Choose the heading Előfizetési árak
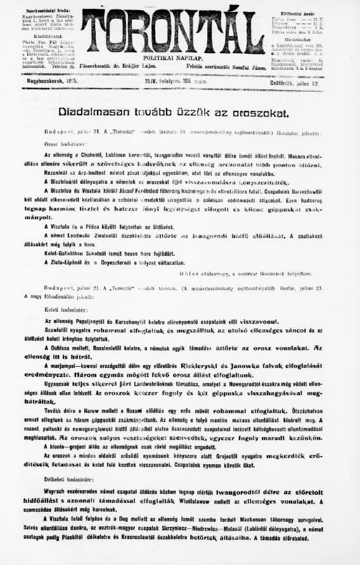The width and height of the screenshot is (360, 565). coord(297,12)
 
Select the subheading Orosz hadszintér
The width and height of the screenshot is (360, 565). coord(60,144)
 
